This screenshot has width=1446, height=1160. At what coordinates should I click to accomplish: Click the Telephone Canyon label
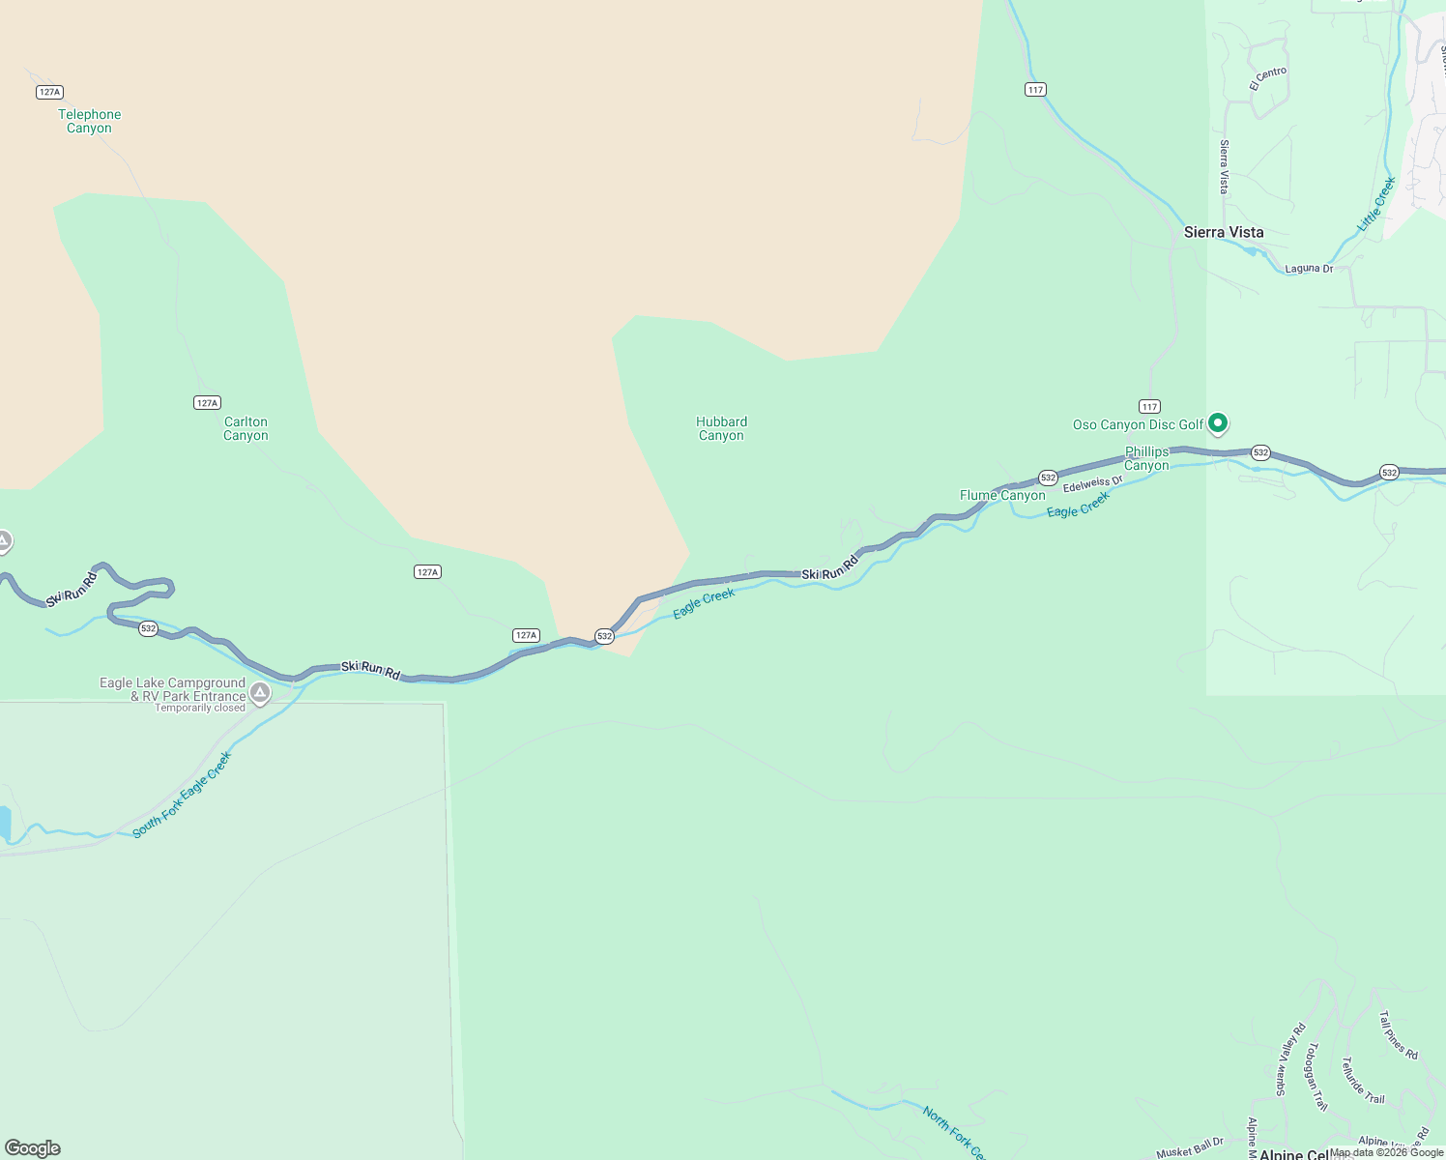tap(89, 121)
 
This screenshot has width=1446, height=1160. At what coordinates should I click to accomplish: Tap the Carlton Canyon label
tap(246, 428)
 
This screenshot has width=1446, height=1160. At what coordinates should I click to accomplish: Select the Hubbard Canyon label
tap(721, 428)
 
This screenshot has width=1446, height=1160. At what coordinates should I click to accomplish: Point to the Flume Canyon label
tap(1002, 495)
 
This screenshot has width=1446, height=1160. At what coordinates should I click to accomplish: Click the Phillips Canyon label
tap(1146, 458)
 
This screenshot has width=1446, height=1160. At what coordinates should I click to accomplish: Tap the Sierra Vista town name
tap(1224, 232)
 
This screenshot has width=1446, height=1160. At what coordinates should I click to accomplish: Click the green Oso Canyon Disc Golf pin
tap(1219, 422)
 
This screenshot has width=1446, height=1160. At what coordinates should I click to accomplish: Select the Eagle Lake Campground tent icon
tap(259, 692)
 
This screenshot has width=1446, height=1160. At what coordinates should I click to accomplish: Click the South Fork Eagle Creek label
tap(183, 795)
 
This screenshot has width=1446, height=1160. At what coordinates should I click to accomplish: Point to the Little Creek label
tap(1376, 204)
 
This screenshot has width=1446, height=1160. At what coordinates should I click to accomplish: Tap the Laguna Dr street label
tap(1309, 269)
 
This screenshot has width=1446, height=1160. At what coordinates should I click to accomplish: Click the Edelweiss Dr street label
tap(1093, 482)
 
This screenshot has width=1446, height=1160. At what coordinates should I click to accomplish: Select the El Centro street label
tap(1268, 78)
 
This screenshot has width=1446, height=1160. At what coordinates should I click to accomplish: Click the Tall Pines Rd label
tap(1399, 1035)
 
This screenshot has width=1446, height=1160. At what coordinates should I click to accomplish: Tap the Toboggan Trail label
tap(1317, 1077)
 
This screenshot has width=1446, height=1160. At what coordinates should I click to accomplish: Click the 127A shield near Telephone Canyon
tap(49, 92)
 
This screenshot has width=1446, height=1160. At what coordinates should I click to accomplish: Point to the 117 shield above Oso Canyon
tap(1149, 406)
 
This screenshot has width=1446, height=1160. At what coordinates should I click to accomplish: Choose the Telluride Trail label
tap(1363, 1081)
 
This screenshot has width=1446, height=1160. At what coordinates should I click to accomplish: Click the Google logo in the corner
tap(33, 1148)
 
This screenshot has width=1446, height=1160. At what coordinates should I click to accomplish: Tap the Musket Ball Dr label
tap(1190, 1147)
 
